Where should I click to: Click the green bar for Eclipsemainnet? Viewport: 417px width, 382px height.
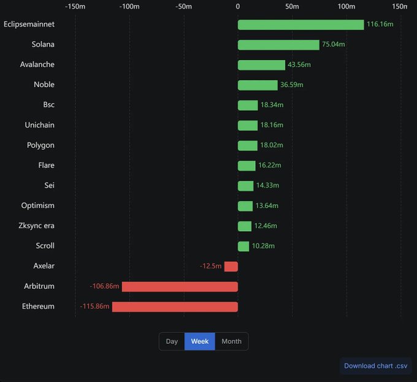pos(300,25)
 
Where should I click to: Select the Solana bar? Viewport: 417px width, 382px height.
pos(278,45)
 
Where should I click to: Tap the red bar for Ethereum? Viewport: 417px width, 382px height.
pos(175,307)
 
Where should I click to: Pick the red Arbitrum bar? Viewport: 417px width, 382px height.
pos(180,286)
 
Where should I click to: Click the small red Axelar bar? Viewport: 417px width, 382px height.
pos(231,266)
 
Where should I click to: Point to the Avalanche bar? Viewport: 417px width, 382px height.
pos(261,65)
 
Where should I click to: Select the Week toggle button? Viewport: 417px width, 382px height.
pos(200,342)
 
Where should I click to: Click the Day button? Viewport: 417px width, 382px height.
pos(172,342)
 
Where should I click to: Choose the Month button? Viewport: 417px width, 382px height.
pos(231,342)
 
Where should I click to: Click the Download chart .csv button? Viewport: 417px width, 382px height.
pos(375,366)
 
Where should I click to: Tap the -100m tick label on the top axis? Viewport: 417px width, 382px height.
pos(129,7)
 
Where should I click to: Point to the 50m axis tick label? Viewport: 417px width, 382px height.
pos(292,7)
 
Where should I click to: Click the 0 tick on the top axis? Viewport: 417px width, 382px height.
pos(238,7)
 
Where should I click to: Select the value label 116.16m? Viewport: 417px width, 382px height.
pos(380,25)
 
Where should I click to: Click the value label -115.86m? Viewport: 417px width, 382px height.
pos(94,307)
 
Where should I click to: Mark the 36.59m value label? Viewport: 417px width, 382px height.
pos(292,85)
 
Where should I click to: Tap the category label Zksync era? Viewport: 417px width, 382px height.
pos(36,226)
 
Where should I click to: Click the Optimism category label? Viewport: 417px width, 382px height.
pos(37,205)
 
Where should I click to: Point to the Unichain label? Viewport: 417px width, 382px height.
pos(39,125)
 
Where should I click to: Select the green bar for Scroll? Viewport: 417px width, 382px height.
pos(243,246)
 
